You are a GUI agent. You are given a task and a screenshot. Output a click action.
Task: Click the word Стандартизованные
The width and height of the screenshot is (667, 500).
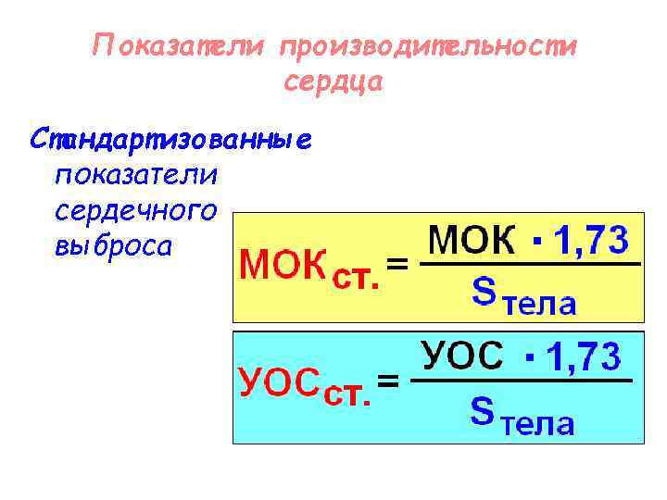pos(171,142)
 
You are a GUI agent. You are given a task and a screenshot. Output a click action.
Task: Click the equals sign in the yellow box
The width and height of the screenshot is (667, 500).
pos(397,265)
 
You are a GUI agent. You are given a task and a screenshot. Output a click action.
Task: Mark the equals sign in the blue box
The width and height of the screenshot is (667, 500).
pos(390,380)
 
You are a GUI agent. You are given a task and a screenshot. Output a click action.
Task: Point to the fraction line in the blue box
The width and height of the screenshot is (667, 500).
pos(521,380)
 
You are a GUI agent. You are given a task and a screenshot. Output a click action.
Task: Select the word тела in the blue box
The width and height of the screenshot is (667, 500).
pos(537,424)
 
